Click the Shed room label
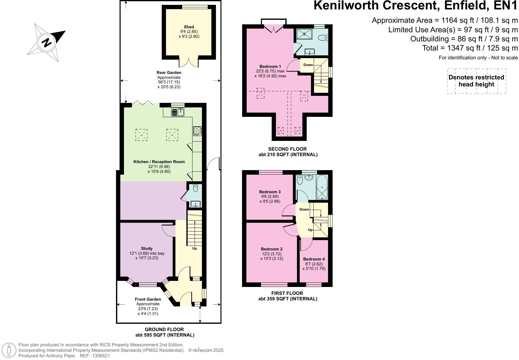[x=189, y=27]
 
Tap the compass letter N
[x=47, y=42]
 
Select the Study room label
[x=147, y=248]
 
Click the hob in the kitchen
[x=197, y=131]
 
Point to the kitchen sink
[x=178, y=112]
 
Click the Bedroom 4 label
[x=314, y=259]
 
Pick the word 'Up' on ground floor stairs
[x=194, y=248]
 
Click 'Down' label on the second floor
[x=308, y=65]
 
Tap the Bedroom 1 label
[x=270, y=66]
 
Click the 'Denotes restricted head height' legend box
[x=476, y=81]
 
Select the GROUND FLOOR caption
[x=164, y=329]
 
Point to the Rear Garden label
[x=169, y=72]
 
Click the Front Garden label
[x=148, y=299]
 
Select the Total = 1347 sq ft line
[x=470, y=48]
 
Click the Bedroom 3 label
[x=270, y=192]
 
